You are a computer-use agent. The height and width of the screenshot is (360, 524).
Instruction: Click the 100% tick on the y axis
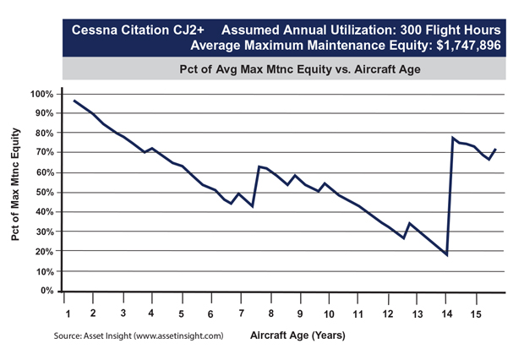(41, 93)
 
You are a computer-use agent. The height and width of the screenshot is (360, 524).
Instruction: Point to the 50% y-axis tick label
(43, 192)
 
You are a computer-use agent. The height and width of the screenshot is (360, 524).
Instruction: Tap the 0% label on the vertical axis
(46, 291)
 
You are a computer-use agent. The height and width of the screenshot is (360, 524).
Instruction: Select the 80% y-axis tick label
(43, 133)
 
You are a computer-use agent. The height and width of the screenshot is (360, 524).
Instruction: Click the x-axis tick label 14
(446, 314)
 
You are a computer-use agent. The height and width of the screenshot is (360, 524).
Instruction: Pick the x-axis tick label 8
(270, 314)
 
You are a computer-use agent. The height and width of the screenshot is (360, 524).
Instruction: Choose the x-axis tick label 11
(358, 314)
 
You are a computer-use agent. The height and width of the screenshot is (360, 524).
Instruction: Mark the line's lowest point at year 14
(446, 254)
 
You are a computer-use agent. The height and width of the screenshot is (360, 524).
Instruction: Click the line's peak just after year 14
(454, 138)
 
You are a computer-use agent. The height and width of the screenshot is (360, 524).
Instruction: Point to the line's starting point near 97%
(74, 101)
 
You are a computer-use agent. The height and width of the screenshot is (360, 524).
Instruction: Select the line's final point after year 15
(496, 150)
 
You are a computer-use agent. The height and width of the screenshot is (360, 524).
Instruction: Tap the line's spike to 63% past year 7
(259, 166)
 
